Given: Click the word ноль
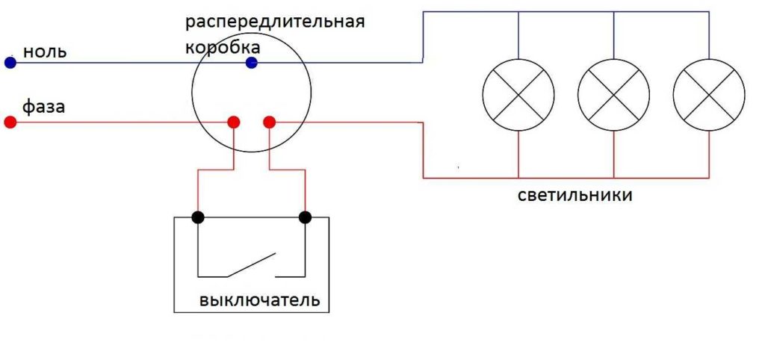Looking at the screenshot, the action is [x=45, y=52].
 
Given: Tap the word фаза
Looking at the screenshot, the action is [x=44, y=107].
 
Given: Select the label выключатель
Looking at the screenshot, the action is [x=259, y=300].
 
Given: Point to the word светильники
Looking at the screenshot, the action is [x=574, y=196].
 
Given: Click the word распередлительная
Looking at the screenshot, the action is [x=275, y=23].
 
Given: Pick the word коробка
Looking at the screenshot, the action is [x=223, y=48].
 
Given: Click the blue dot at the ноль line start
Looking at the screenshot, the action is [x=10, y=63].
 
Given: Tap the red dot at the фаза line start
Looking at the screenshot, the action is [x=10, y=122].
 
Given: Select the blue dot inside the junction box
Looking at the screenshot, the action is [x=251, y=63].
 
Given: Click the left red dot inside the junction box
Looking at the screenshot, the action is [x=234, y=122].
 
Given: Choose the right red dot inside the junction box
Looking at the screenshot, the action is [x=269, y=122].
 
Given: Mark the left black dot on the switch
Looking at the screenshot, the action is [x=197, y=217].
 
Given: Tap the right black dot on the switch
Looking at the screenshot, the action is [x=305, y=217].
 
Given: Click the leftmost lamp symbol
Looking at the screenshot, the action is [x=518, y=95].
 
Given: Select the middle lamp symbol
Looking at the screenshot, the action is [x=613, y=95].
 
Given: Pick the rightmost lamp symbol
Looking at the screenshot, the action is [x=709, y=95].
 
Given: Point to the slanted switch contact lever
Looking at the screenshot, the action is [x=251, y=265].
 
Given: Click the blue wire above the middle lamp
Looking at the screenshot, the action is [x=613, y=35].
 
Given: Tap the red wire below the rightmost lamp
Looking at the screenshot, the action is [x=709, y=154].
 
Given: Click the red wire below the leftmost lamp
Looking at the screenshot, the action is [x=518, y=154].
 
